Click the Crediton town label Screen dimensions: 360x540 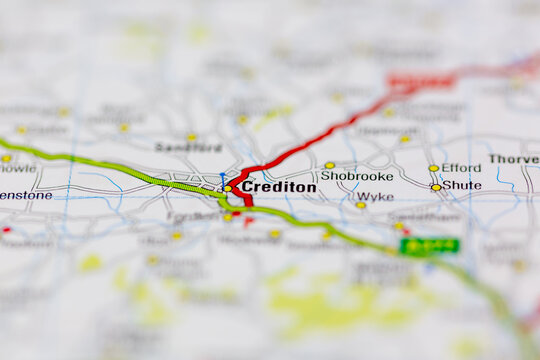coord(278,187)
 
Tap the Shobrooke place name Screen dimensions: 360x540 coord(357,176)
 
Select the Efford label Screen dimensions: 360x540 coord(461,168)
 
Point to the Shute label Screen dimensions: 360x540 coord(461,185)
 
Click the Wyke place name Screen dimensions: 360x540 coord(375,197)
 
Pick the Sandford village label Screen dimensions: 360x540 coord(188,147)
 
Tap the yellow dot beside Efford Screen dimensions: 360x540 coord(433,168)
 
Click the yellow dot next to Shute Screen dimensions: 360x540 coord(435,187)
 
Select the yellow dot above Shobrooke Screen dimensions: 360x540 coord(329,165)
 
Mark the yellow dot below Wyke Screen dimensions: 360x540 coord(361,205)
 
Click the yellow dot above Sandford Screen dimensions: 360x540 coord(191,137)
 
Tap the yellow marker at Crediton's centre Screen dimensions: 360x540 coord(227,188)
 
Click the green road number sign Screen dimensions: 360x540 coord(430,245)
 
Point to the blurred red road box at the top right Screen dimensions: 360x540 coord(421,81)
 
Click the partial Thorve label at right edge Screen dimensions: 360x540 coord(514,159)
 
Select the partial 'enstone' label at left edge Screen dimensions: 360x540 coord(25,195)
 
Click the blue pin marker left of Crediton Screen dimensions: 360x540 coord(222,178)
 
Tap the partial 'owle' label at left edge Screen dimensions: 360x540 coord(18,168)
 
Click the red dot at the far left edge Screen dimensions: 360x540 coord(6,230)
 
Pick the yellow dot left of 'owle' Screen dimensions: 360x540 coord(5,158)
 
